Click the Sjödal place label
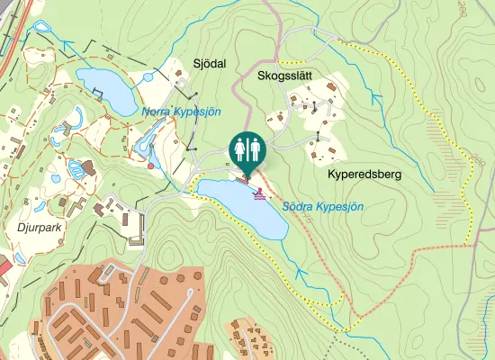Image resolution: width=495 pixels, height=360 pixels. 209,63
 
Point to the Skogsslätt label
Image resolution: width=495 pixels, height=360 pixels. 284,76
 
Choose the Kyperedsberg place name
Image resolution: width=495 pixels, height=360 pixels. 364,172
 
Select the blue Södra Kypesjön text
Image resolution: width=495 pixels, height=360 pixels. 323,207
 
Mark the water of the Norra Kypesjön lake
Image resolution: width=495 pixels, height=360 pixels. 103,85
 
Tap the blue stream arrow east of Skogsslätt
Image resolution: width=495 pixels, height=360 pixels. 377,94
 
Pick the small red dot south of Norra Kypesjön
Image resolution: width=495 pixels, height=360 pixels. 150,166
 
